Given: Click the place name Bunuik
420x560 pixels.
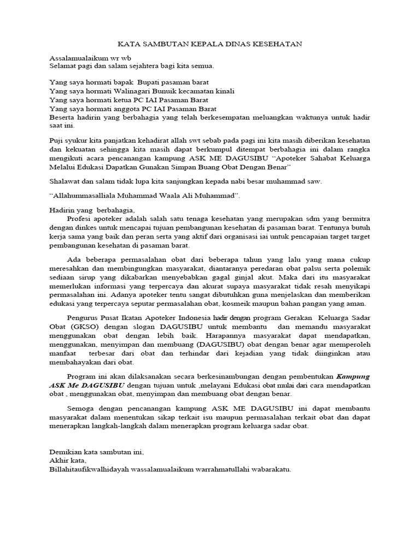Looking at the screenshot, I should [164, 91].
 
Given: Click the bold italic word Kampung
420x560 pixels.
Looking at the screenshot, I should [353, 376].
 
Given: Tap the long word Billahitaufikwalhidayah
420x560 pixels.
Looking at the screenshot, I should [91, 470].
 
